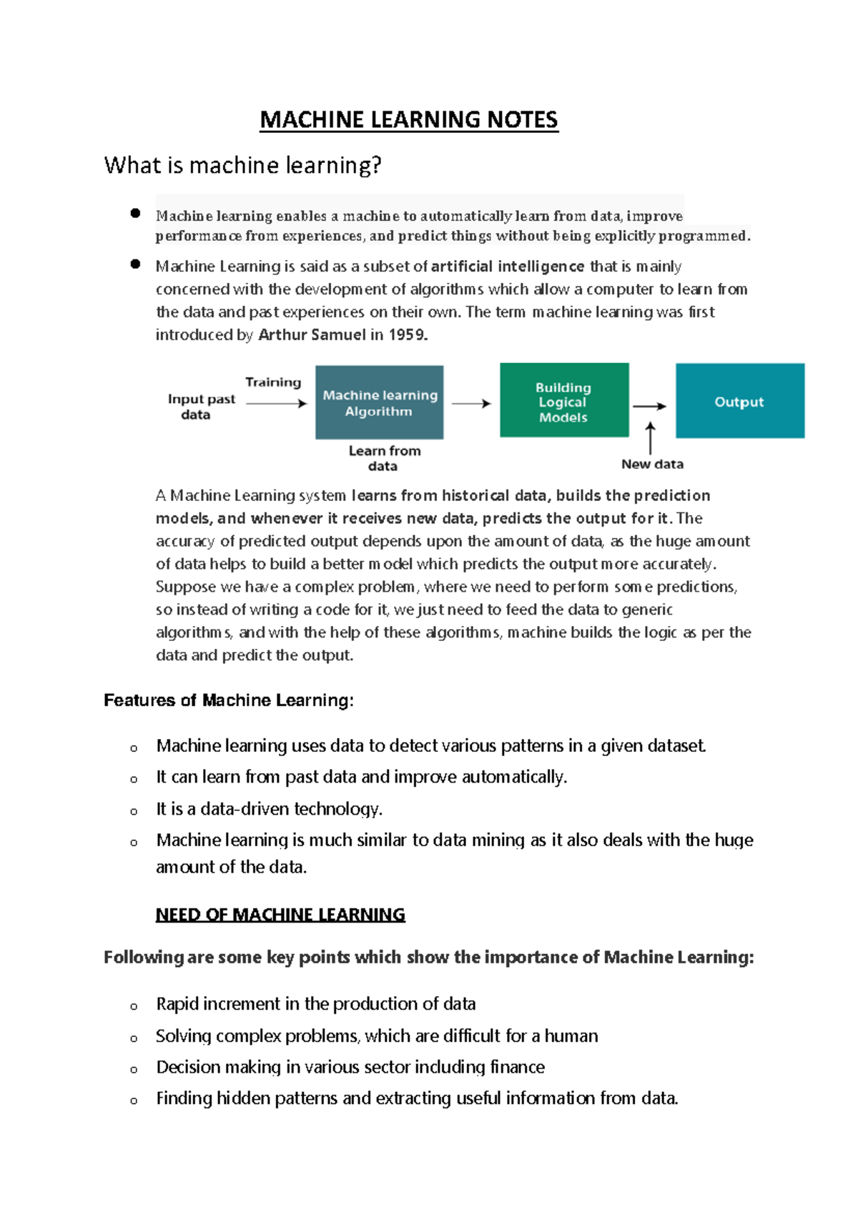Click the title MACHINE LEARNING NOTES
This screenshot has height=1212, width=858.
coord(408,119)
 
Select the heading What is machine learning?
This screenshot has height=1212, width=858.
coord(242,165)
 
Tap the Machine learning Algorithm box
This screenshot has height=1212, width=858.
coord(379,402)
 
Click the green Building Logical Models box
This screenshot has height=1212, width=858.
coord(563,400)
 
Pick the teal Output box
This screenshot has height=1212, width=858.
coord(739,401)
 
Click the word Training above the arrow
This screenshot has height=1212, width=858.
coord(273,382)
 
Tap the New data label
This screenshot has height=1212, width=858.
coord(652,464)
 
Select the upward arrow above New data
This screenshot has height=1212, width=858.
coord(650,437)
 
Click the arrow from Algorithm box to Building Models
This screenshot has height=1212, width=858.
coord(471,404)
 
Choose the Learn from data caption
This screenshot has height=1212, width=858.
coord(384,458)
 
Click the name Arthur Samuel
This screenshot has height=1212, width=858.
coord(311,334)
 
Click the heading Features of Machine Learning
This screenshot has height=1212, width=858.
coord(228,700)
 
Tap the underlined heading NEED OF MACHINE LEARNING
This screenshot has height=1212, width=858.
coord(280,915)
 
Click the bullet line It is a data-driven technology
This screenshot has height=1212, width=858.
coord(270,809)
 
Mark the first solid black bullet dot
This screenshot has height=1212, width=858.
coord(135,213)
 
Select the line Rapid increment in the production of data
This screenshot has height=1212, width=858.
coord(315,1004)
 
